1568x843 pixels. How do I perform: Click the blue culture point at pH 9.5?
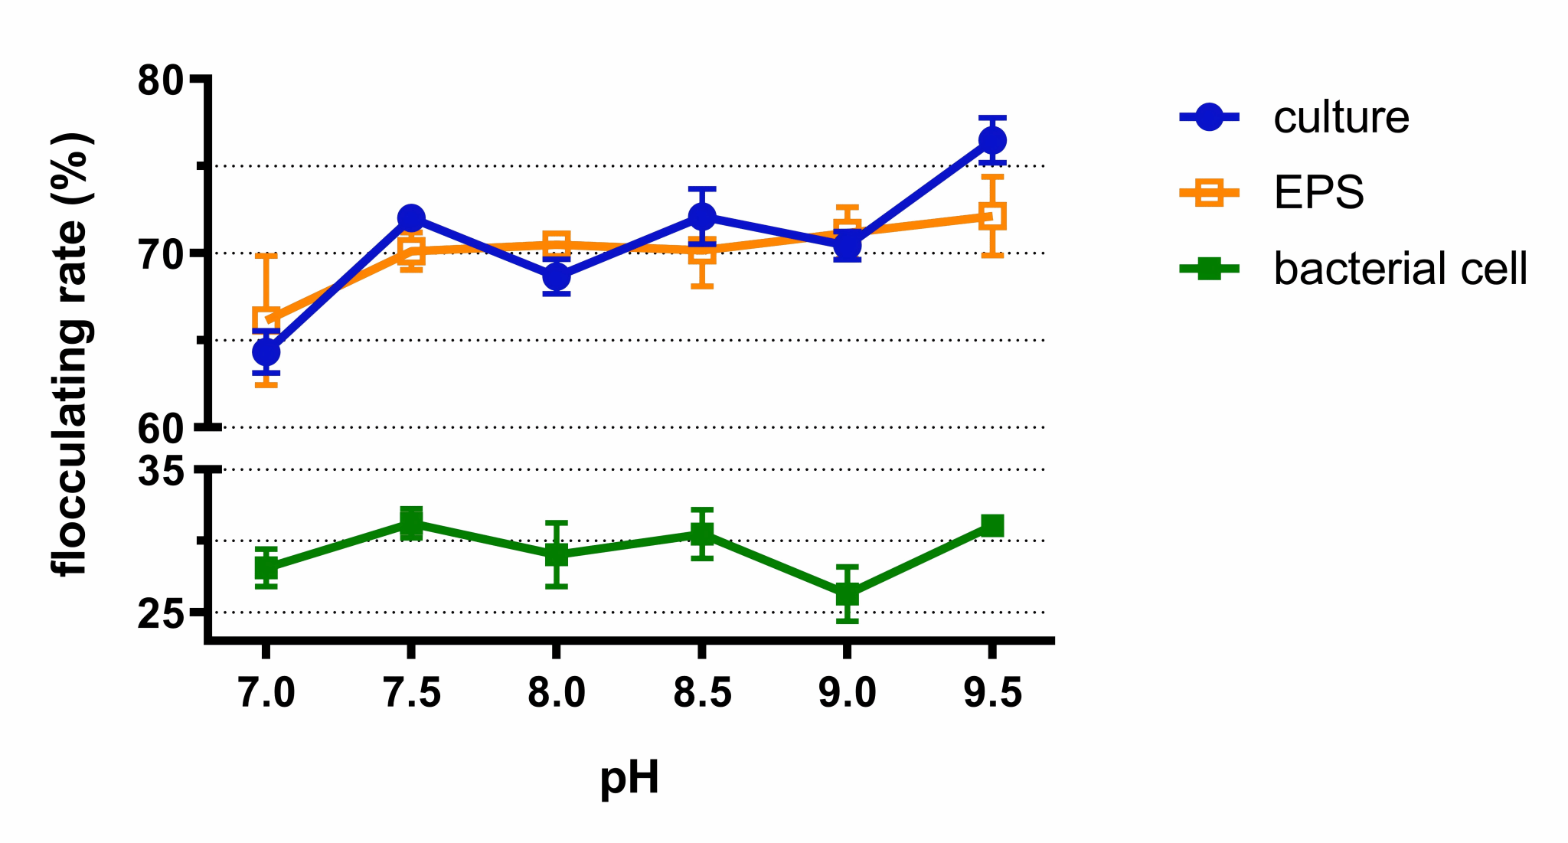click(x=992, y=140)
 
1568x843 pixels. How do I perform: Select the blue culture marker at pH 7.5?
click(x=411, y=218)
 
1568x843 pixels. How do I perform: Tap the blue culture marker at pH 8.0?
click(x=557, y=276)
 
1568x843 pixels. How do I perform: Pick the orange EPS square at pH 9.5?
click(x=992, y=216)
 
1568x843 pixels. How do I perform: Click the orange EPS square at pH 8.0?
click(x=557, y=245)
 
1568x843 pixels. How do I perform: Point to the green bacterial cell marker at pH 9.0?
click(x=847, y=593)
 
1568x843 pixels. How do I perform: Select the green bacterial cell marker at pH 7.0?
click(x=266, y=568)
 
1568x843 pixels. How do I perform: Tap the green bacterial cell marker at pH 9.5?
click(x=992, y=525)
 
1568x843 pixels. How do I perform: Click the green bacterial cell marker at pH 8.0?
click(x=557, y=554)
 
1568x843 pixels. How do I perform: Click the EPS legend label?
click(x=1318, y=192)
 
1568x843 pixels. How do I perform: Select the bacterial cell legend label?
click(x=1400, y=269)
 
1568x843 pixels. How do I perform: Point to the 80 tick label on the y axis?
click(x=162, y=80)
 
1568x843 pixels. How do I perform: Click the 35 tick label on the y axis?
click(x=162, y=470)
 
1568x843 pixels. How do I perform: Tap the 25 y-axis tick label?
click(x=162, y=614)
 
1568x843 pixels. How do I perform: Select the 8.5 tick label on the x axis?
click(x=702, y=694)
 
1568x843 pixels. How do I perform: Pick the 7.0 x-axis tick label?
click(x=266, y=694)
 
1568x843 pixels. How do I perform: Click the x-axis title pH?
click(x=629, y=779)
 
